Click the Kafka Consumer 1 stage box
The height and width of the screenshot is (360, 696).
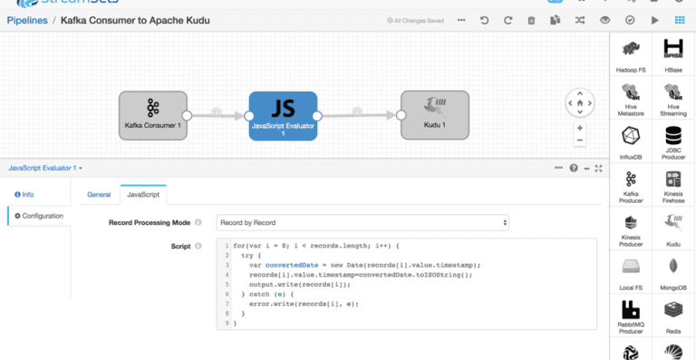(152, 115)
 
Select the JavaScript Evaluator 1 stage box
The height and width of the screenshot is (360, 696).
(283, 115)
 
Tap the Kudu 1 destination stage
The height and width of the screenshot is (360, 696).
(435, 115)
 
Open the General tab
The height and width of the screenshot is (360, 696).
(99, 194)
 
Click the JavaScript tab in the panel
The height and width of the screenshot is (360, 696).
(143, 194)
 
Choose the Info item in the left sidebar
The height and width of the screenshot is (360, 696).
(24, 194)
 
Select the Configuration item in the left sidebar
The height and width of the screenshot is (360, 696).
(39, 216)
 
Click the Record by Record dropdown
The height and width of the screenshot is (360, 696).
(362, 222)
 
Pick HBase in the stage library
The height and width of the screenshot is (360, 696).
(672, 55)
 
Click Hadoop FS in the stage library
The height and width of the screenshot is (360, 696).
(631, 55)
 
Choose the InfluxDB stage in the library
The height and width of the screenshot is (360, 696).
(631, 142)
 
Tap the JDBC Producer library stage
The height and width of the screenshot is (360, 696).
(672, 142)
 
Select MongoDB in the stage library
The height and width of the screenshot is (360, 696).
(672, 273)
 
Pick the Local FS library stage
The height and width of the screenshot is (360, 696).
(631, 273)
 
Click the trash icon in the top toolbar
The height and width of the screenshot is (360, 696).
(531, 19)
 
